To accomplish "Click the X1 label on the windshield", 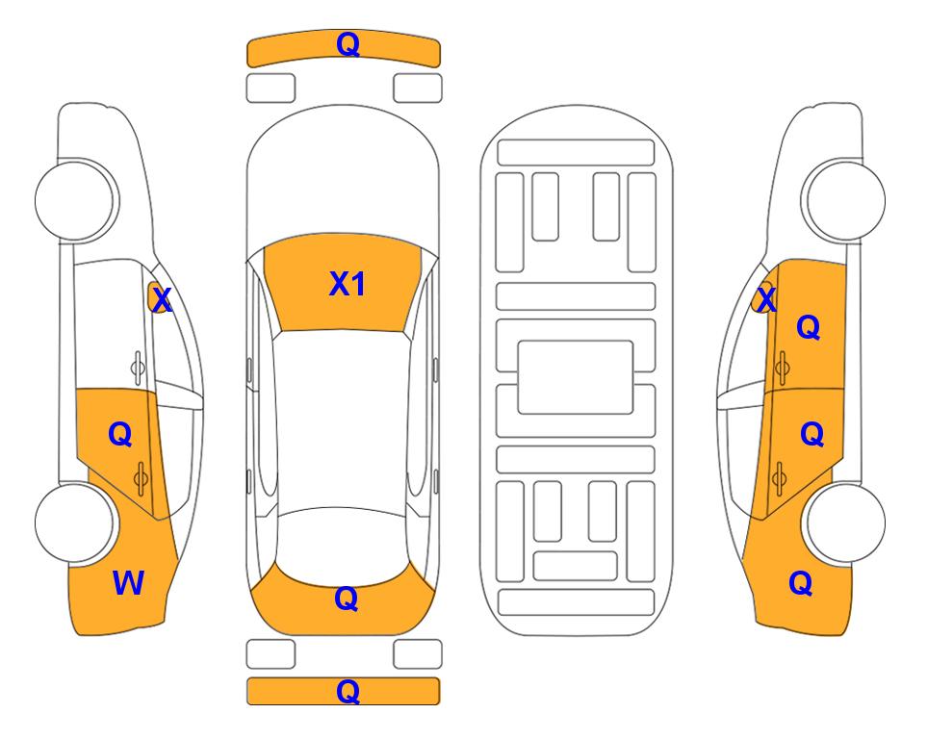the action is coord(348,284).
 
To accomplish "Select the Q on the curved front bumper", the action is coord(348,44).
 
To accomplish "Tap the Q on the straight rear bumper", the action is coord(348,691).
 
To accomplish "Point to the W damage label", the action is coord(128,583).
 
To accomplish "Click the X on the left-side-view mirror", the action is coord(162,300).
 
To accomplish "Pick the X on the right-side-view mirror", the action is coord(766,299).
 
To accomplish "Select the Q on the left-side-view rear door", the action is coord(120,435).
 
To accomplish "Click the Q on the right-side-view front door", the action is coord(809,327).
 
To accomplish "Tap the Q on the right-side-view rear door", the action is coord(811,435).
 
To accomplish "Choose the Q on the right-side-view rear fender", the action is coord(801,583).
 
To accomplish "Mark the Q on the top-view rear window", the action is coord(347,599).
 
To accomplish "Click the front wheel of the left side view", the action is coord(75,200).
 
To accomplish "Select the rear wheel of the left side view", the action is coord(75,522).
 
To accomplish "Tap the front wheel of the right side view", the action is coord(845,200).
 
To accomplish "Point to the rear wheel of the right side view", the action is coord(845,522).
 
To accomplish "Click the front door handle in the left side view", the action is coord(138,368).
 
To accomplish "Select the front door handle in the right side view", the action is coord(783,368).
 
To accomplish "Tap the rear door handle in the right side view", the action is coord(779,477).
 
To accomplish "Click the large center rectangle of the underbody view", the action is coord(576,377).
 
